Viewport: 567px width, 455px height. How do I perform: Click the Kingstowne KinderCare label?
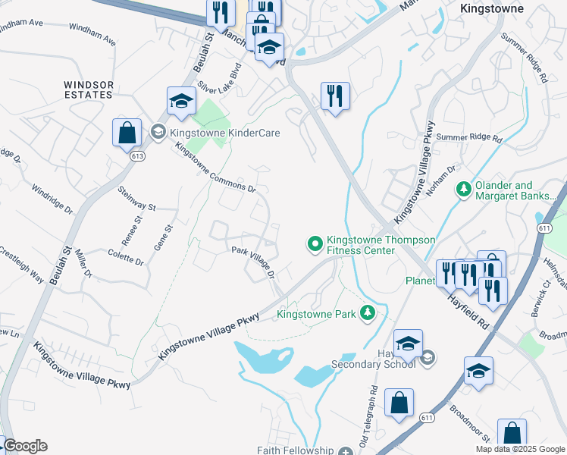click(225, 133)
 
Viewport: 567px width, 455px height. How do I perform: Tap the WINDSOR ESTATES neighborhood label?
click(88, 89)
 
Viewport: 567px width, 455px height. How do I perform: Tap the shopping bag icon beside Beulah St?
click(127, 133)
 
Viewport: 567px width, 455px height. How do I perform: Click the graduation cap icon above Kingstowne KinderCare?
click(181, 101)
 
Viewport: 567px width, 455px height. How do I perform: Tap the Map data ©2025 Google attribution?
click(520, 449)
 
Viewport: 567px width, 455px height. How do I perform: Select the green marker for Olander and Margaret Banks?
click(462, 187)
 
